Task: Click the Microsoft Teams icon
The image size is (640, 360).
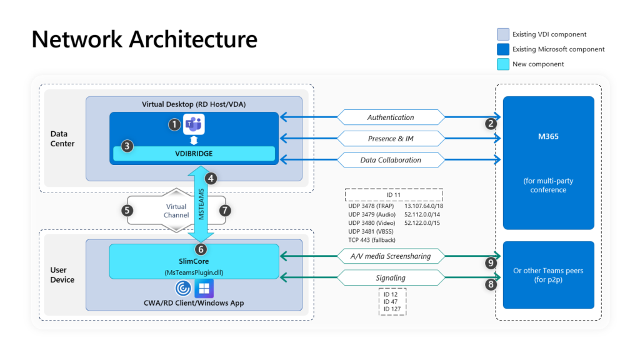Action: (x=194, y=124)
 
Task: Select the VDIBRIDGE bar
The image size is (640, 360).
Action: (x=194, y=154)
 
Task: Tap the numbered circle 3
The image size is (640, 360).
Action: (x=127, y=146)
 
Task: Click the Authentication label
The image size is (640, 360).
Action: (x=391, y=117)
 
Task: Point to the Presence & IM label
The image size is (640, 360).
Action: (x=391, y=138)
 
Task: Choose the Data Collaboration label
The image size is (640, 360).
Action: (x=391, y=160)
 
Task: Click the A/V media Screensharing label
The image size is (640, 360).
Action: (x=391, y=256)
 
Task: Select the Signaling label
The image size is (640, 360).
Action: (x=391, y=278)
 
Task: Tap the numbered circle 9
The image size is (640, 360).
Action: (x=491, y=263)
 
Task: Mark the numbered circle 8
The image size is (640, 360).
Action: (x=491, y=284)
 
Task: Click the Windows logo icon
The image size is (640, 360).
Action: (x=204, y=289)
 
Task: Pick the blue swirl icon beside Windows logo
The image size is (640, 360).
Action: (x=183, y=289)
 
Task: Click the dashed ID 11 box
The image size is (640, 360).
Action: (x=394, y=195)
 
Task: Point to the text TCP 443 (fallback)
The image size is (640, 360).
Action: (x=371, y=240)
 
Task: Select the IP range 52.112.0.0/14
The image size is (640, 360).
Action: (x=422, y=214)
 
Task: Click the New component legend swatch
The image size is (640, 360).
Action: (x=503, y=64)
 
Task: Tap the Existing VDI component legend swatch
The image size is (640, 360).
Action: (x=503, y=34)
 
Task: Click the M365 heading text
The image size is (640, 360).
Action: (x=548, y=136)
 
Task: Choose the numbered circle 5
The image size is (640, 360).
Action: (x=127, y=210)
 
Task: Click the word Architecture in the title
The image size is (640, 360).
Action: (x=193, y=39)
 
